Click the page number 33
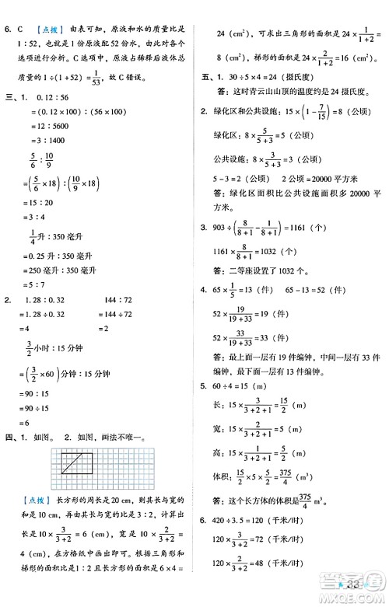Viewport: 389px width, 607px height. [x=360, y=584]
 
